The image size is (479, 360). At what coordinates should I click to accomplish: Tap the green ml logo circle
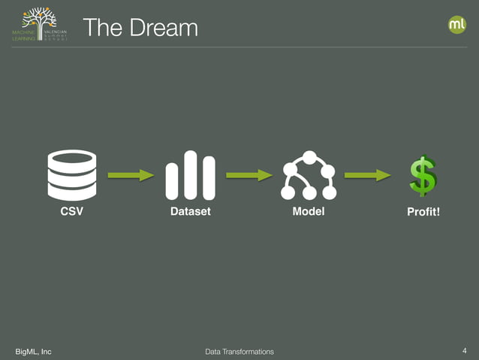pyautogui.click(x=456, y=25)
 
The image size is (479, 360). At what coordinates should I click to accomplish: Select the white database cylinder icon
pyautogui.click(x=72, y=175)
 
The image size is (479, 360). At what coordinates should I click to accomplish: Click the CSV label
pyautogui.click(x=72, y=212)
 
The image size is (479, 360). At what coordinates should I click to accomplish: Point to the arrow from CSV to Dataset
pyautogui.click(x=131, y=175)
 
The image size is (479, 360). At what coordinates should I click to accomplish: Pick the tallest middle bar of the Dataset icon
pyautogui.click(x=191, y=175)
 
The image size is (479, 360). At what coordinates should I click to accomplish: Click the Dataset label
pyautogui.click(x=191, y=212)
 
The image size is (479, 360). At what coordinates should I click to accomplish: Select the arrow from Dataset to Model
pyautogui.click(x=249, y=175)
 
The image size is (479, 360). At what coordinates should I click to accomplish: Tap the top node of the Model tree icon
pyautogui.click(x=309, y=157)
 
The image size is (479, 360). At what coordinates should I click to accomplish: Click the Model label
pyautogui.click(x=309, y=212)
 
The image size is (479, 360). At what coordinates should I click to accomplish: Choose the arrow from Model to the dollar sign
pyautogui.click(x=367, y=175)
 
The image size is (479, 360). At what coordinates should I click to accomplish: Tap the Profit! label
pyautogui.click(x=423, y=213)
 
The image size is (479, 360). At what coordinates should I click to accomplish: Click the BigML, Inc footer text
pyautogui.click(x=34, y=352)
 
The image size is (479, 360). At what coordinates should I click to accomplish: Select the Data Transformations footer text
pyautogui.click(x=239, y=352)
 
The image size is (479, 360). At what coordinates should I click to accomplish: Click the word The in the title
pyautogui.click(x=101, y=28)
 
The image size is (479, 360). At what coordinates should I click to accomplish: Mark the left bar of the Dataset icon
pyautogui.click(x=173, y=180)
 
